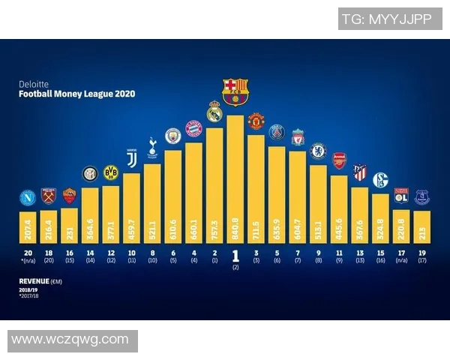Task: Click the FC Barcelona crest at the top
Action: (x=235, y=91)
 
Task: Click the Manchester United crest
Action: (x=256, y=121)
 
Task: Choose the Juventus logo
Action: (x=131, y=158)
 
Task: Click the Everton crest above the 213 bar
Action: (x=421, y=197)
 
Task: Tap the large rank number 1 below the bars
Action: (x=235, y=255)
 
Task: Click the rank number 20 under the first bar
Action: (x=28, y=253)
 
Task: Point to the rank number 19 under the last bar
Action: (x=421, y=253)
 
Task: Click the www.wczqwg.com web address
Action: (x=70, y=340)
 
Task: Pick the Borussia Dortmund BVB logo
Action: (x=111, y=172)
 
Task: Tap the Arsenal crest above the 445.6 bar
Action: (x=339, y=160)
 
